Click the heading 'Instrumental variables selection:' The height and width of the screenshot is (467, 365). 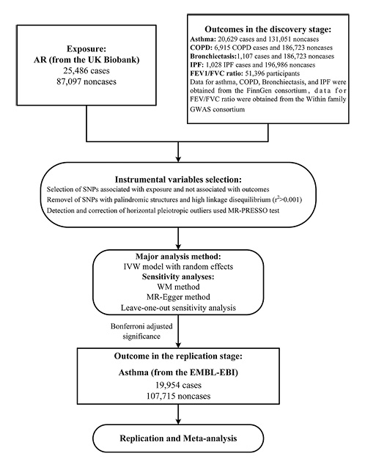point(181,179)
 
